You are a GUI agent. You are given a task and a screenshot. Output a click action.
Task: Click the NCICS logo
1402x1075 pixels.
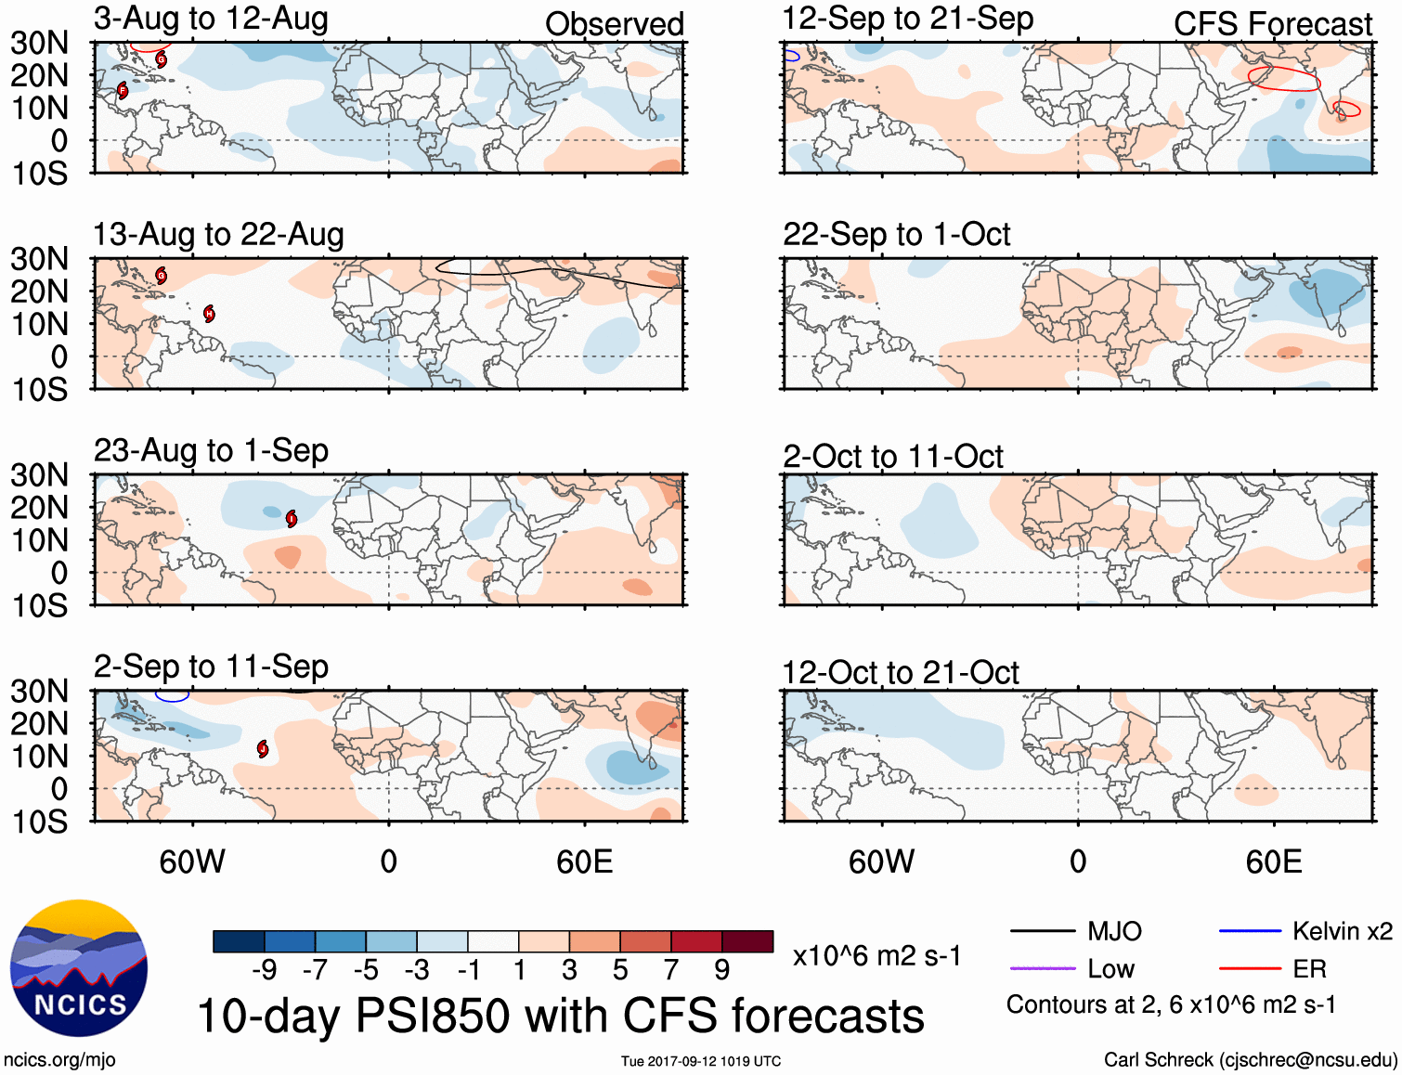79,968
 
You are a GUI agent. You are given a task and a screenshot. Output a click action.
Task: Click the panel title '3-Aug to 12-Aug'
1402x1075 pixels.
211,19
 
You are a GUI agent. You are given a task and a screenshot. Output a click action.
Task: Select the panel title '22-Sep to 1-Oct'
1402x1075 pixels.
896,235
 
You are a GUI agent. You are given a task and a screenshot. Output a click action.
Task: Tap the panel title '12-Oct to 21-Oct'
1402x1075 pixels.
900,673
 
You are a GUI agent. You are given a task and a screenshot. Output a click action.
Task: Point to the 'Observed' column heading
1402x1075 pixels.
614,24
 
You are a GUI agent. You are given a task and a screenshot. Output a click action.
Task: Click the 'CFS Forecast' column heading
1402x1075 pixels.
1272,24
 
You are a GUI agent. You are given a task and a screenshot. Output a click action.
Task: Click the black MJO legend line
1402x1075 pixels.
1042,931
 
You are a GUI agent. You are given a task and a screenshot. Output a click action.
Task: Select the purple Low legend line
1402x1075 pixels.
1042,969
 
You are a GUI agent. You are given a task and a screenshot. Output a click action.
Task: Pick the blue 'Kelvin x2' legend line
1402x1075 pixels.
1250,931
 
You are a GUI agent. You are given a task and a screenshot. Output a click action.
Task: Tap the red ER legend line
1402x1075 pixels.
1250,969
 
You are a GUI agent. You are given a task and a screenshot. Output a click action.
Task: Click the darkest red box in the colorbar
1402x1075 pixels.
747,941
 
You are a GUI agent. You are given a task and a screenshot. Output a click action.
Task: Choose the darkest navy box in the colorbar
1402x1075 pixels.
239,941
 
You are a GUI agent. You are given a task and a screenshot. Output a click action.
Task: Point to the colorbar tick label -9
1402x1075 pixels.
264,970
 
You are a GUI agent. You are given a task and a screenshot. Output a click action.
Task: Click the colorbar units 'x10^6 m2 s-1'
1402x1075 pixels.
876,956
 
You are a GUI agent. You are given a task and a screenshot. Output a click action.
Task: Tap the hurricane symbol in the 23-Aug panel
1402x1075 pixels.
292,518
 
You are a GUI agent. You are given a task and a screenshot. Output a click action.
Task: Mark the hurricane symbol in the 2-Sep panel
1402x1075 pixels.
263,749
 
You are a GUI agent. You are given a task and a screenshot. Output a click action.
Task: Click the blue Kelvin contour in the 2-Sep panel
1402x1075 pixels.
172,698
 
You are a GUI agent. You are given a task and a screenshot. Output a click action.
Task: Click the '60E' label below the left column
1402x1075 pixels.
584,862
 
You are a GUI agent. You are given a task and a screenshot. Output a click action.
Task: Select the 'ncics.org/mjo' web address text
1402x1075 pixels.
59,1060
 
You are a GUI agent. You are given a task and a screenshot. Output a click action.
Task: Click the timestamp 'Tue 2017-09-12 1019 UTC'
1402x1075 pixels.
701,1061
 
